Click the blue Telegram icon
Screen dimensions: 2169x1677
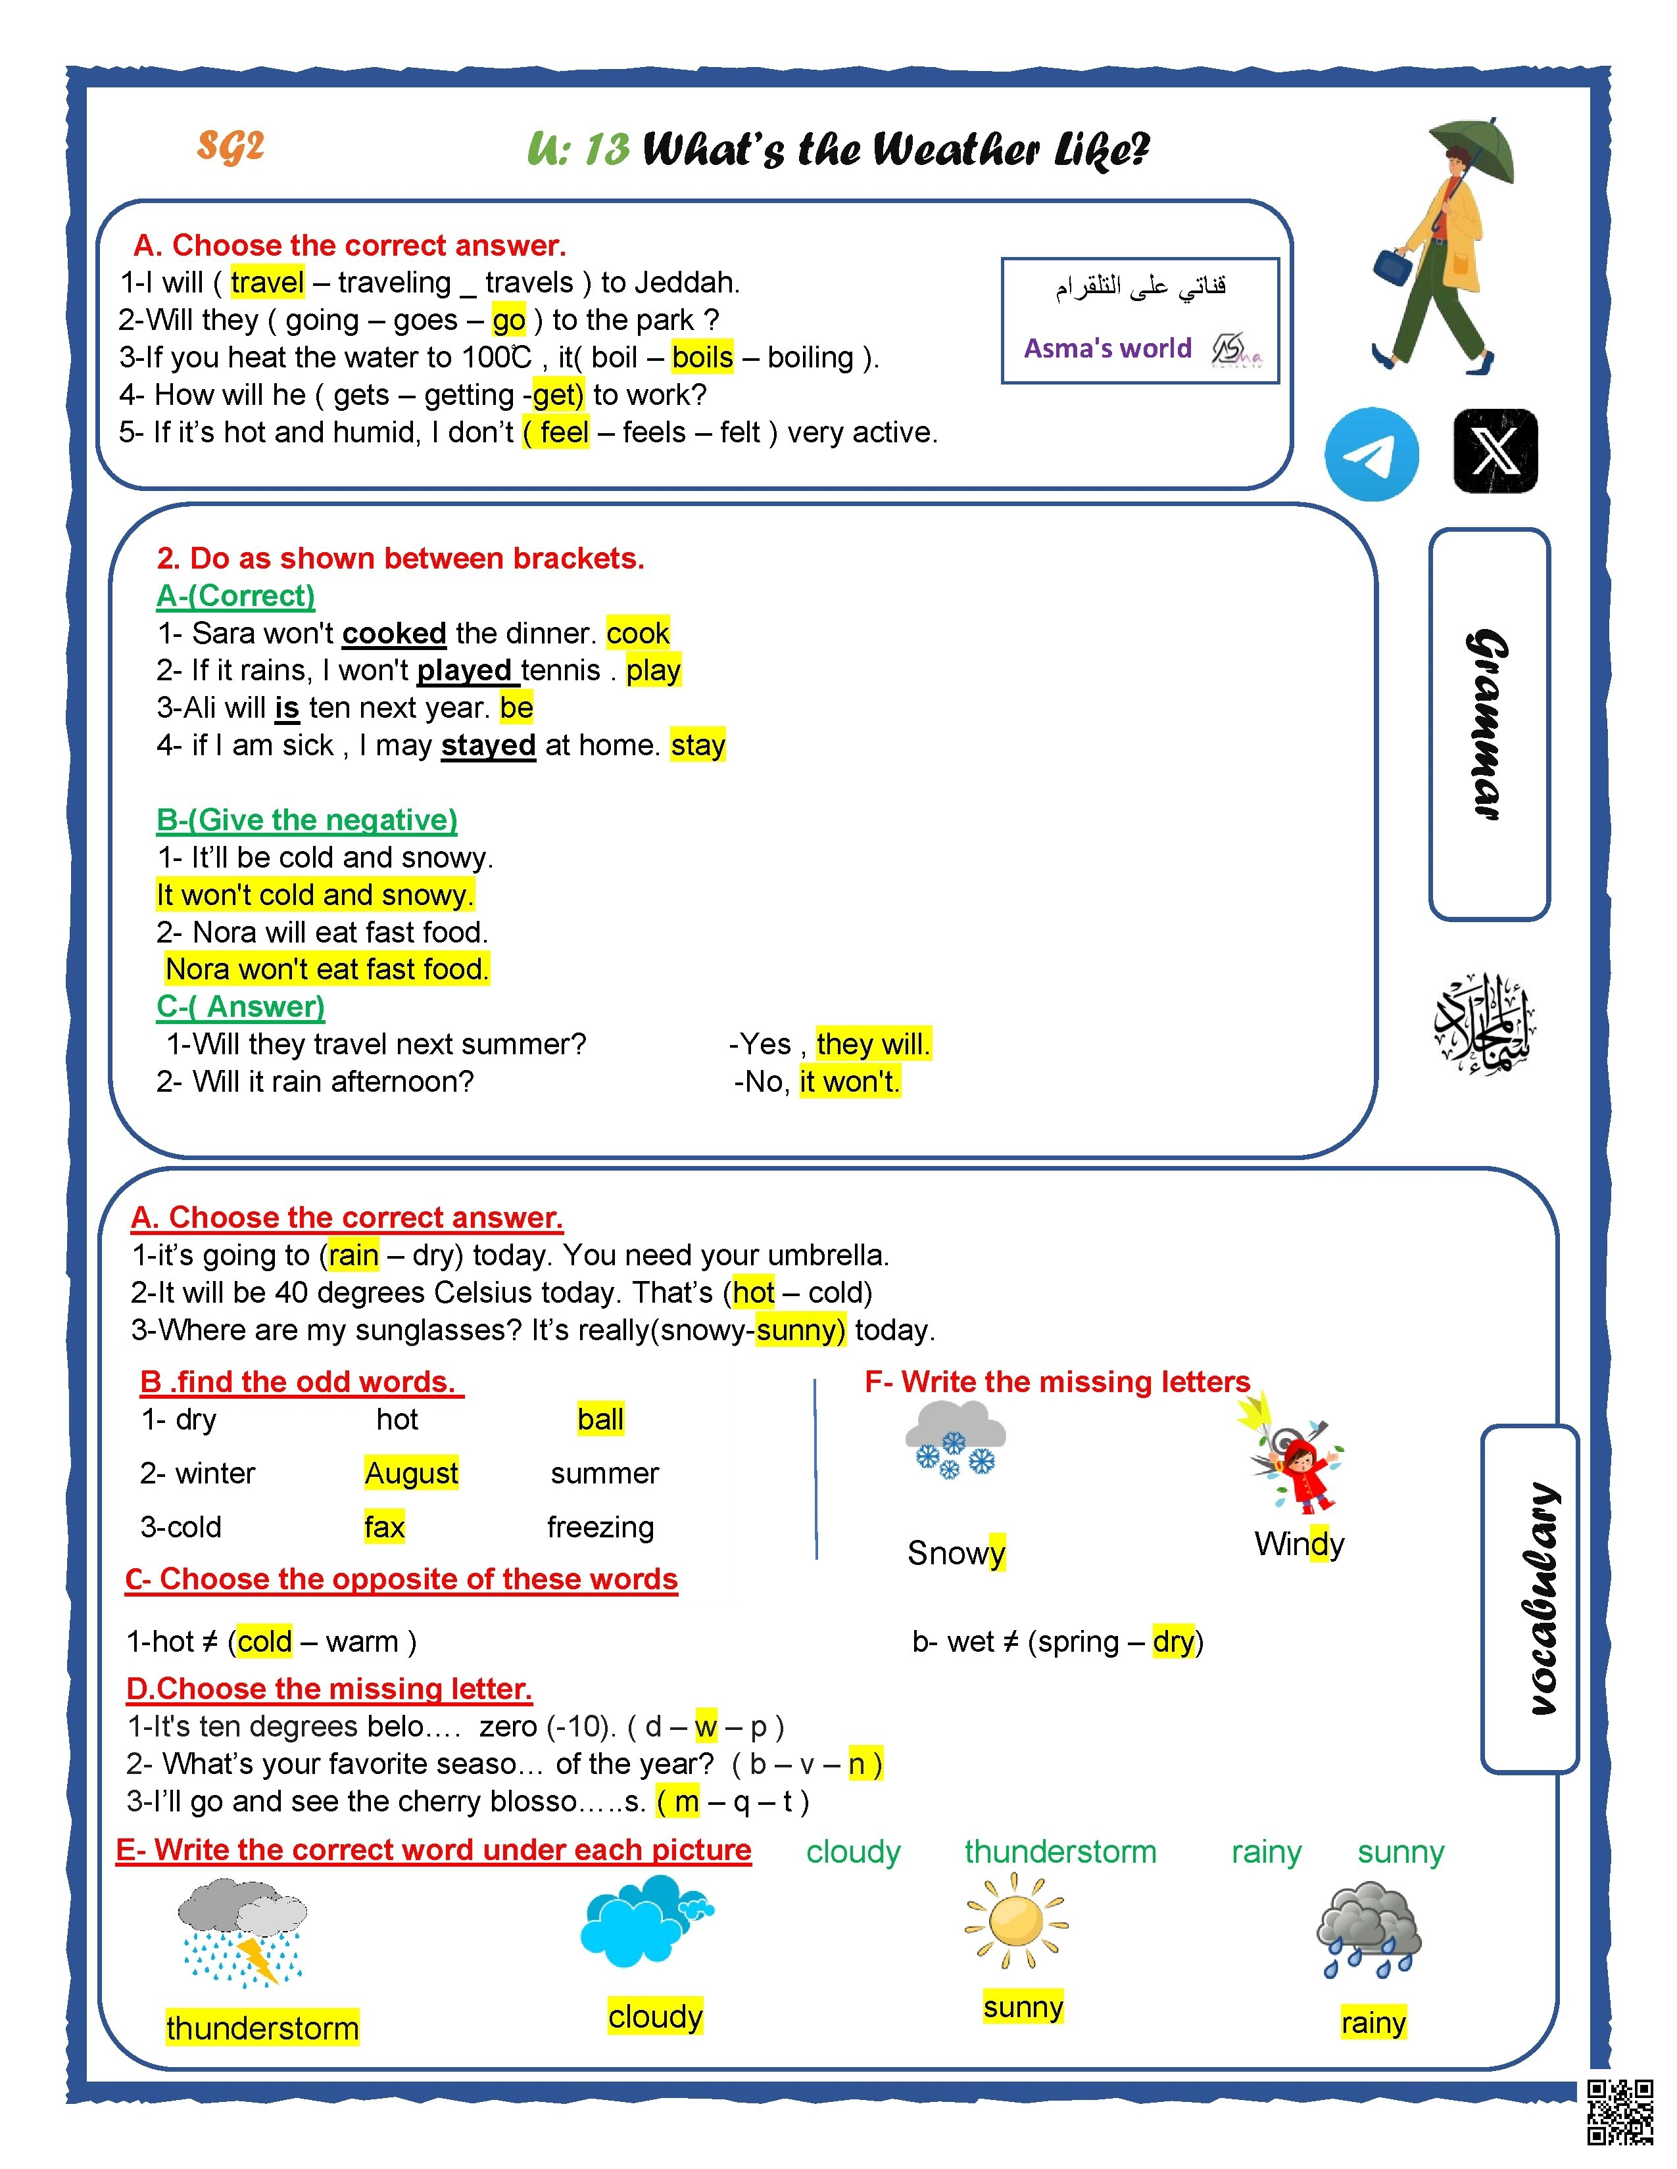click(x=1371, y=454)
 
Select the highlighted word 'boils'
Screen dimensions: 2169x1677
click(x=702, y=356)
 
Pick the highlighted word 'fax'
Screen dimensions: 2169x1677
click(x=385, y=1526)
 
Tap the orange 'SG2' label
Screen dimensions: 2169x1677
click(x=230, y=146)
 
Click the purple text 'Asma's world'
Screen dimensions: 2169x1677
click(x=1107, y=348)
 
